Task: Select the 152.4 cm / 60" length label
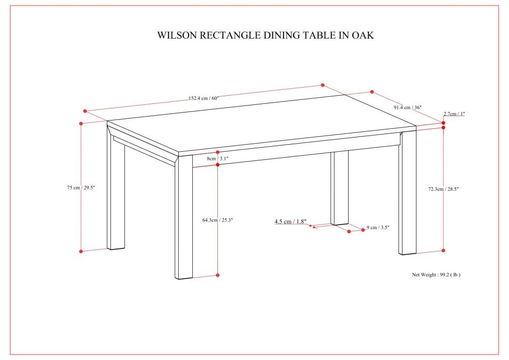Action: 203,98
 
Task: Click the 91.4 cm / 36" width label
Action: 407,107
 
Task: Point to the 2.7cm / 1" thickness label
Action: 454,114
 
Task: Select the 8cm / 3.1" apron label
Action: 217,158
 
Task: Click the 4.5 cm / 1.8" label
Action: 290,221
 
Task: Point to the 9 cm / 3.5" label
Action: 378,228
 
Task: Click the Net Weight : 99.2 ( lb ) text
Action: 436,274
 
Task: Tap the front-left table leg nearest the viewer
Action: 184,219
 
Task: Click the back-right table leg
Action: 408,193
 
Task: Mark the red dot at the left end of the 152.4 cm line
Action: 86,111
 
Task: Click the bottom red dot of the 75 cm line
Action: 81,251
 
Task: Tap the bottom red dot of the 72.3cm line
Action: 443,251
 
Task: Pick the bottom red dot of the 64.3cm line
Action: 217,275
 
